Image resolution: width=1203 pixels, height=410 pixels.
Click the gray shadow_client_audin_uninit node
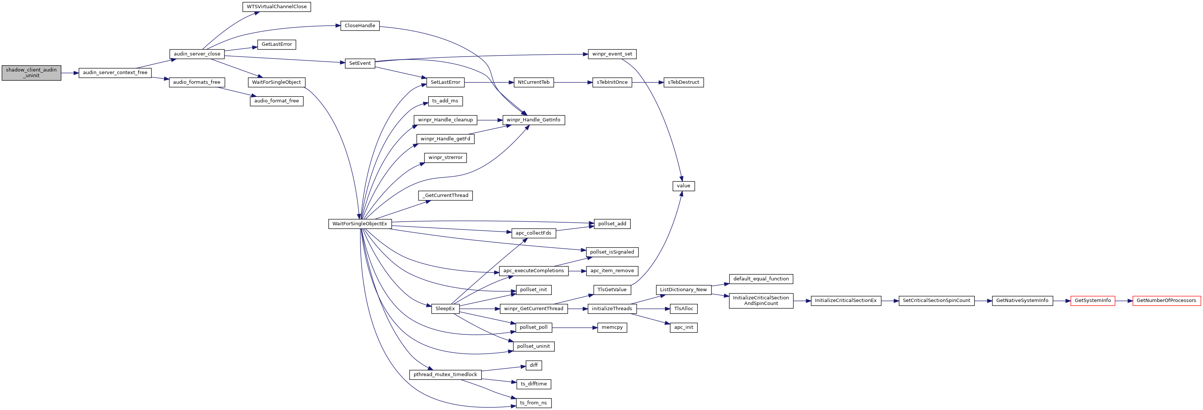click(x=31, y=73)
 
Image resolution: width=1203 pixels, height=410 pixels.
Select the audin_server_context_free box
click(x=115, y=73)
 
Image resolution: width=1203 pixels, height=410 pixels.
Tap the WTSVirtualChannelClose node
click(x=277, y=7)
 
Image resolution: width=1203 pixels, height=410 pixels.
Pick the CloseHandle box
click(x=360, y=26)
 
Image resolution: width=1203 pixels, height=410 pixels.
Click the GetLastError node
click(x=277, y=44)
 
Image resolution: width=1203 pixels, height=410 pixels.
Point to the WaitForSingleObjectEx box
click(x=360, y=224)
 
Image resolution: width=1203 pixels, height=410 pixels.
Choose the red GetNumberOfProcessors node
click(x=1166, y=301)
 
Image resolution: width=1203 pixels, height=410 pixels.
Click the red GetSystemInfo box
click(x=1092, y=301)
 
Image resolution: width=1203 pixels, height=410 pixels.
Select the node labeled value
click(x=683, y=186)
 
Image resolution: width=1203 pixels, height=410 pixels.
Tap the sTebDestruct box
click(x=683, y=82)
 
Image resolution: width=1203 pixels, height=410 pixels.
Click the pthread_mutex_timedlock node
click(x=445, y=375)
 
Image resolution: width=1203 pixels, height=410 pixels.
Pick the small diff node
click(x=533, y=365)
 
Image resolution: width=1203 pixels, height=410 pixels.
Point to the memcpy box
click(x=612, y=327)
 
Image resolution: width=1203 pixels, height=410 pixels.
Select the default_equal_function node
click(x=761, y=279)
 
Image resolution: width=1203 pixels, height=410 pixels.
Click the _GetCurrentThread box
click(x=445, y=195)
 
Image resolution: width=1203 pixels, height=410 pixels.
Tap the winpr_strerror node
click(x=445, y=158)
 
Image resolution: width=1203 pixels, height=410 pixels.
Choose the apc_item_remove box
click(x=612, y=271)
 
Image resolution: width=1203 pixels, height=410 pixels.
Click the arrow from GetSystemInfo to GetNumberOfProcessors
click(x=1124, y=301)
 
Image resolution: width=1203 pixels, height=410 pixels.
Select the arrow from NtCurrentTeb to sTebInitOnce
click(x=573, y=83)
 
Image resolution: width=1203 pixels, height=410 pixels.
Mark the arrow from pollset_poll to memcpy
click(x=575, y=328)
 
